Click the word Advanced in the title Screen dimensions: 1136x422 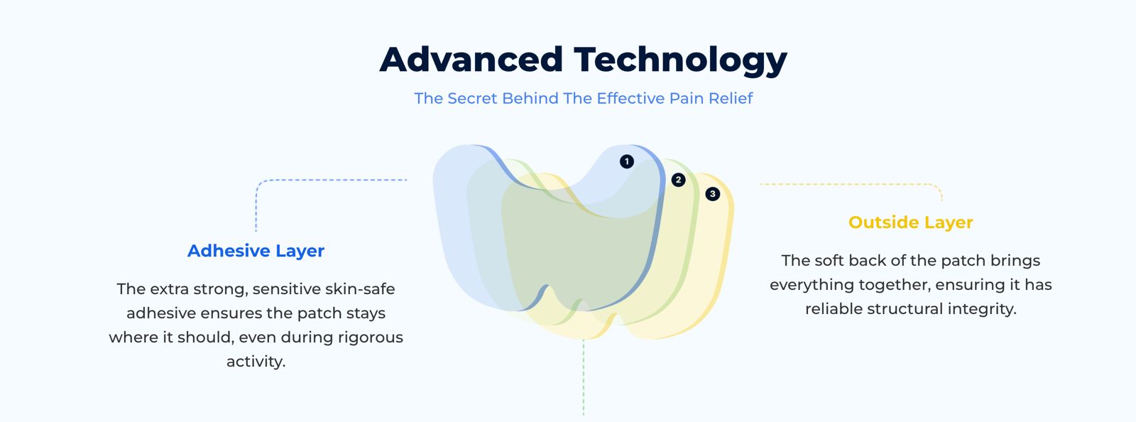[471, 60]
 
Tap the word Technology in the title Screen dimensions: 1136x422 [681, 61]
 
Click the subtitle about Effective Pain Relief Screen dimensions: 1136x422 [583, 98]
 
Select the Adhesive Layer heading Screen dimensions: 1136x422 [256, 251]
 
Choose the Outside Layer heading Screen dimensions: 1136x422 [911, 222]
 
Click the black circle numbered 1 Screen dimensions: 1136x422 [627, 161]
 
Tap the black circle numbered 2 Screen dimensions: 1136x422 [679, 180]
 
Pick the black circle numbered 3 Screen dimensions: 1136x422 [713, 194]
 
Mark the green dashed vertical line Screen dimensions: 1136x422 [583, 378]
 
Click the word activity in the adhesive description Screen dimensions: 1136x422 [256, 362]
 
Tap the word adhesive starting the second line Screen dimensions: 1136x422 [161, 313]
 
